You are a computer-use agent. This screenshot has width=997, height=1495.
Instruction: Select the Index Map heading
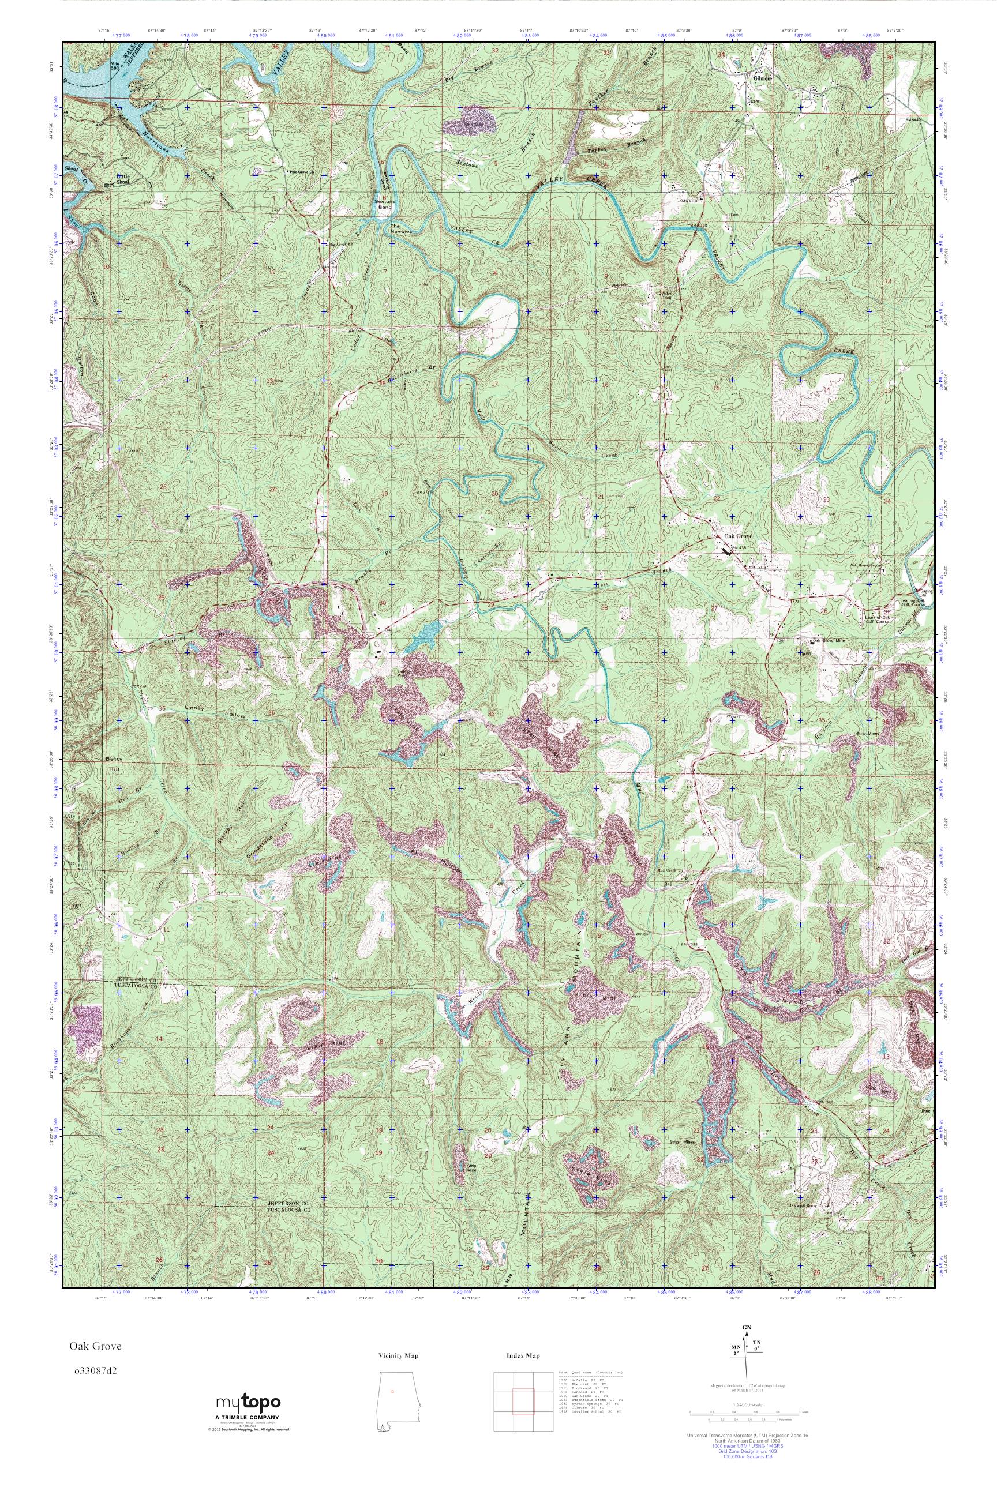(x=523, y=1356)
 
